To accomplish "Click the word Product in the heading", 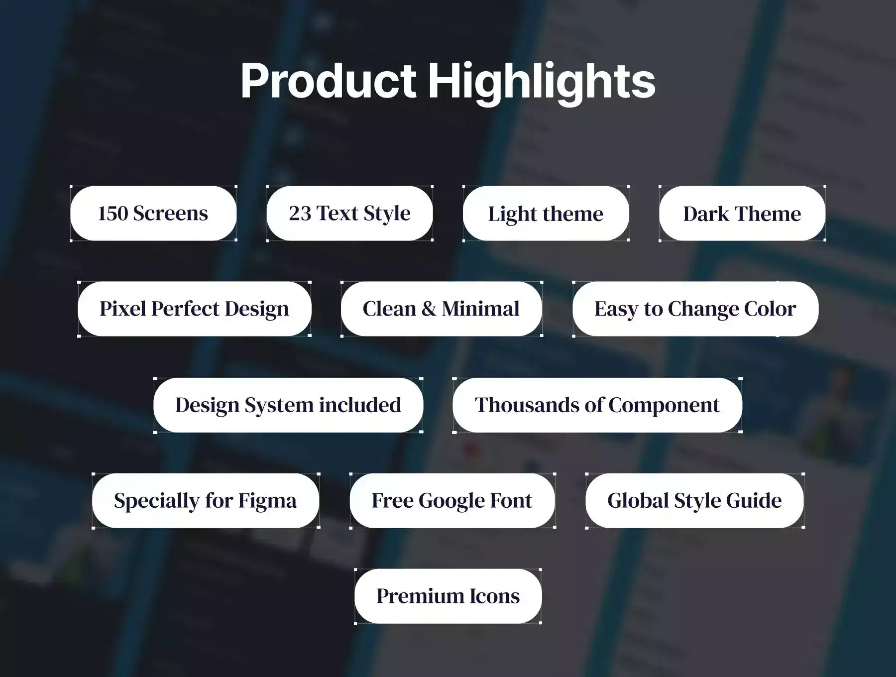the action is pyautogui.click(x=328, y=81).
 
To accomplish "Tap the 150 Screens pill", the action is pyautogui.click(x=153, y=214).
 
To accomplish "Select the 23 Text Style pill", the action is pyautogui.click(x=349, y=214).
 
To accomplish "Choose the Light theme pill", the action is pyautogui.click(x=546, y=214).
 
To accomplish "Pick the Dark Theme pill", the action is pyautogui.click(x=742, y=214).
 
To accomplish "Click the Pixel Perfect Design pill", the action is pyautogui.click(x=195, y=309).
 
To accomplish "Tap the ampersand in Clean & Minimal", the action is pyautogui.click(x=429, y=309).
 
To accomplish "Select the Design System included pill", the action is pyautogui.click(x=288, y=405).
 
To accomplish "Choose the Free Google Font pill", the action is pyautogui.click(x=452, y=501).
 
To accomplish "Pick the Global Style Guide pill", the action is pyautogui.click(x=694, y=501).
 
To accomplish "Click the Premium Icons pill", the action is pyautogui.click(x=448, y=596).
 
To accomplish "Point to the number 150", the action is pyautogui.click(x=113, y=214).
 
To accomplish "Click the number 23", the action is pyautogui.click(x=300, y=214).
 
